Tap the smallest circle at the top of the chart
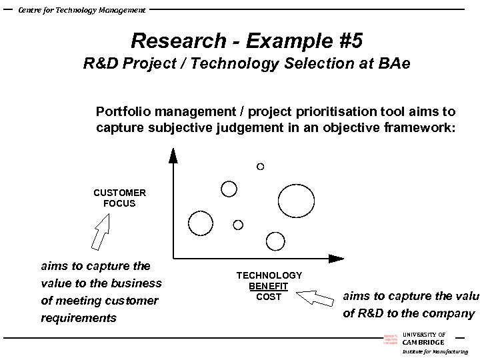point(260,166)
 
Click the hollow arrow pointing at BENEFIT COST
point(313,296)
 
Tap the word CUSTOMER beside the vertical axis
point(119,193)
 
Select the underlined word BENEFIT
point(269,286)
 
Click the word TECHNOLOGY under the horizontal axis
point(269,275)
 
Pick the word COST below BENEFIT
point(269,297)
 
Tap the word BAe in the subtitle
point(393,65)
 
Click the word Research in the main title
point(179,41)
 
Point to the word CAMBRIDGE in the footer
point(423,342)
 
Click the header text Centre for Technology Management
point(81,9)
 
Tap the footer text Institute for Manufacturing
point(435,351)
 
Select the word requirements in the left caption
point(79,318)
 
